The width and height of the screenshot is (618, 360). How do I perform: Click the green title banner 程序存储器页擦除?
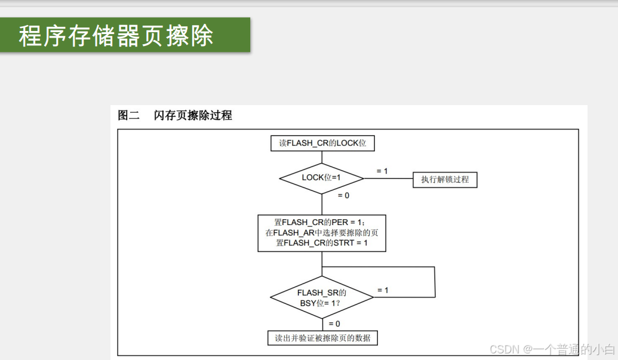click(125, 35)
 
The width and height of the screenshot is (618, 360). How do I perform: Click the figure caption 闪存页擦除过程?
click(193, 116)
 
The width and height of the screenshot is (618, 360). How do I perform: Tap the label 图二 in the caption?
click(128, 116)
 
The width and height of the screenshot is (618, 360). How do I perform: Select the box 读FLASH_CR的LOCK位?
click(322, 143)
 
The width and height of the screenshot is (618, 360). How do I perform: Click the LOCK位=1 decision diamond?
click(322, 177)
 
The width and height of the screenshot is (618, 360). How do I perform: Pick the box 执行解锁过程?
click(445, 179)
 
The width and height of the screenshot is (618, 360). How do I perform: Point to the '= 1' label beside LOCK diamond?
click(382, 171)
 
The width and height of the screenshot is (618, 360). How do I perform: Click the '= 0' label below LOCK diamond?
click(343, 196)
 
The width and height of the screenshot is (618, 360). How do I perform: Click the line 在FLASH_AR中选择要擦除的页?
click(322, 233)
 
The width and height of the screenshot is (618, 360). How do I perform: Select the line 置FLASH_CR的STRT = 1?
click(322, 243)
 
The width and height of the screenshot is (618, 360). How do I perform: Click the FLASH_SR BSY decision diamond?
click(322, 297)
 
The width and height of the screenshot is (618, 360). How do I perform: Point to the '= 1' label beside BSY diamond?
click(383, 290)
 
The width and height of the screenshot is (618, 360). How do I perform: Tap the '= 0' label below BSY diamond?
click(334, 324)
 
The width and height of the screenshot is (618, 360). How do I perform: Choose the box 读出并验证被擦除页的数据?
click(322, 338)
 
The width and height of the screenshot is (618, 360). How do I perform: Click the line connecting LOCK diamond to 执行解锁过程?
click(388, 179)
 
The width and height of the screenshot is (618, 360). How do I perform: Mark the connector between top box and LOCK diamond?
click(322, 156)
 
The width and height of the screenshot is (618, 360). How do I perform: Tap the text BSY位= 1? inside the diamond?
click(321, 302)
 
